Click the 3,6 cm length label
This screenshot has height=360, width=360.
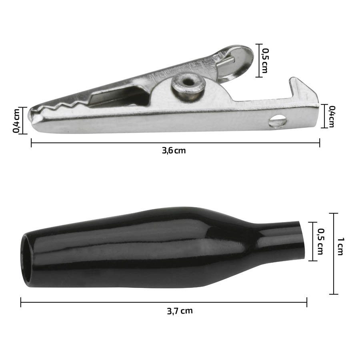tap(174, 151)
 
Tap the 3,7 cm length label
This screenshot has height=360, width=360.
tap(180, 311)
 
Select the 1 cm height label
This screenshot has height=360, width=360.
tap(340, 246)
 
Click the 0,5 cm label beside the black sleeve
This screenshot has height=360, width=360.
tap(320, 242)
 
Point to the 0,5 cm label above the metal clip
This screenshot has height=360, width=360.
tap(265, 61)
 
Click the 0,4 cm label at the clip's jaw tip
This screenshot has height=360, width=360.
tap(16, 120)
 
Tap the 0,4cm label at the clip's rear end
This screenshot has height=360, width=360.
tap(332, 116)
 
